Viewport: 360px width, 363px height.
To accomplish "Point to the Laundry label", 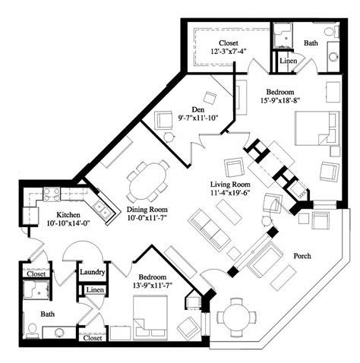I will (91, 272).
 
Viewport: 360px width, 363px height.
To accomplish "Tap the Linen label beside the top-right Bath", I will (288, 60).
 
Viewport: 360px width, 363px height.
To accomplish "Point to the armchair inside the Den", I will (165, 121).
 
